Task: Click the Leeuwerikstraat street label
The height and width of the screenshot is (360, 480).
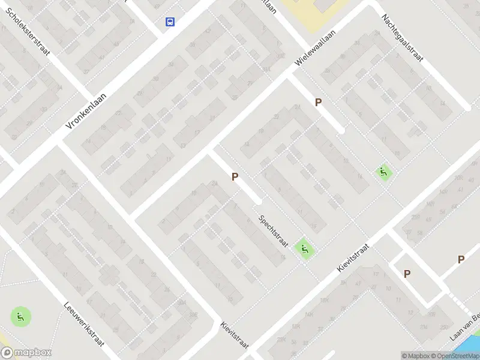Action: [x=85, y=323]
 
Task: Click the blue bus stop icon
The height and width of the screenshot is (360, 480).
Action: [x=170, y=22]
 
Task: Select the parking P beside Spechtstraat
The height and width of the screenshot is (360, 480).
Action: [x=235, y=176]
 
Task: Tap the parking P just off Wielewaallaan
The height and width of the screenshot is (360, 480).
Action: [x=318, y=103]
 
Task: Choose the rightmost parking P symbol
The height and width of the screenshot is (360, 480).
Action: [x=461, y=259]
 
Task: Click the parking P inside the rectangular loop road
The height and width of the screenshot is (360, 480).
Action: [x=407, y=274]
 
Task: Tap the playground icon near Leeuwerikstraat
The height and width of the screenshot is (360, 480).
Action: [x=20, y=317]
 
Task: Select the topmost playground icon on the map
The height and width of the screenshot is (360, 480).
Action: [x=383, y=173]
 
